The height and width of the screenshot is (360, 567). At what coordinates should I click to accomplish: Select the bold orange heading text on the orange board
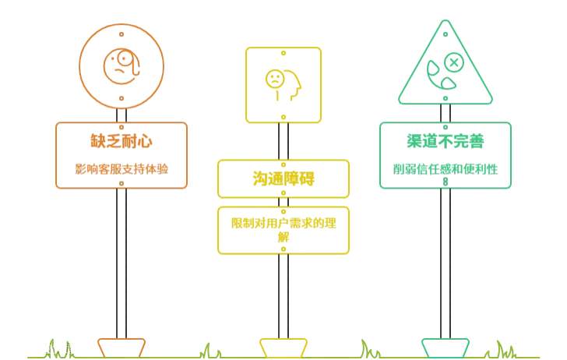121,142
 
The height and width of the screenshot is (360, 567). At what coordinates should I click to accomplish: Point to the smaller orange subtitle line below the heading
121,168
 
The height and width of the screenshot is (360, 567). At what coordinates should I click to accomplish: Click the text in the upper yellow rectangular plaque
283,178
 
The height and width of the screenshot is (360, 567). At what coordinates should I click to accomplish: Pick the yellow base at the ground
283,345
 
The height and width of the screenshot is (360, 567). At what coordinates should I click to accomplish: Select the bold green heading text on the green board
445,141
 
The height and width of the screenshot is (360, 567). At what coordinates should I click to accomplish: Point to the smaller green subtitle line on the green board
445,168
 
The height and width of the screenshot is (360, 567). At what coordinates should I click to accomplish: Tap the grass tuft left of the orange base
59,348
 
